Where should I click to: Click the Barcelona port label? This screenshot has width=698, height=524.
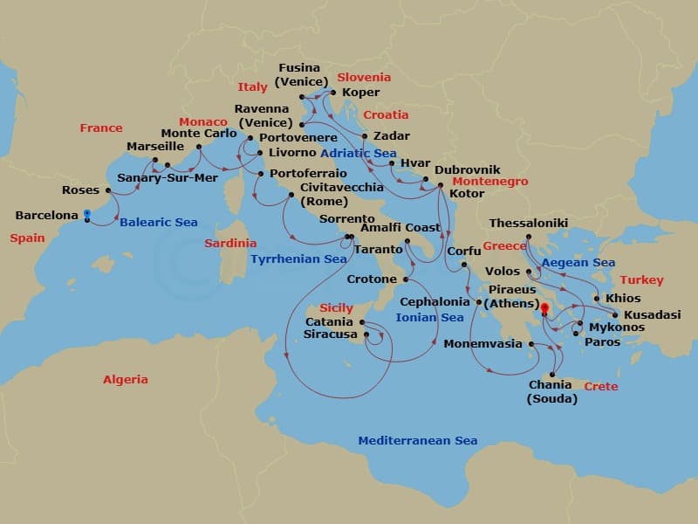[46, 215]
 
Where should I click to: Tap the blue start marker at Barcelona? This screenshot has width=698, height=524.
[87, 213]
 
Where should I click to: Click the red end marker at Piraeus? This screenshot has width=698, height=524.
[544, 308]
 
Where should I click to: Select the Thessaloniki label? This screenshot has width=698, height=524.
[528, 224]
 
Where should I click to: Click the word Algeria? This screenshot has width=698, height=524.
[126, 380]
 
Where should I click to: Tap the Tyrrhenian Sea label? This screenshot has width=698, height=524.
[298, 259]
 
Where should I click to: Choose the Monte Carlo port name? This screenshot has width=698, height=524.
[199, 134]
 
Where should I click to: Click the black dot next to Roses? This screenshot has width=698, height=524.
[108, 190]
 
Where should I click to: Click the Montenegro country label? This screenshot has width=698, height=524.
[489, 182]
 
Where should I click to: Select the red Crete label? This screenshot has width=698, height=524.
[600, 386]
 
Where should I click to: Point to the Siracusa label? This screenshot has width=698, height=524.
[331, 334]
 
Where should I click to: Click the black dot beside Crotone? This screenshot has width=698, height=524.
[406, 279]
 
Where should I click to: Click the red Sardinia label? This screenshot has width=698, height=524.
[230, 244]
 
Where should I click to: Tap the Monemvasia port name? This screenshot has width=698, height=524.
[482, 344]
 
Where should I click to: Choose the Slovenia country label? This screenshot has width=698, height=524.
[364, 77]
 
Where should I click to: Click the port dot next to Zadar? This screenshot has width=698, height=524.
[365, 136]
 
